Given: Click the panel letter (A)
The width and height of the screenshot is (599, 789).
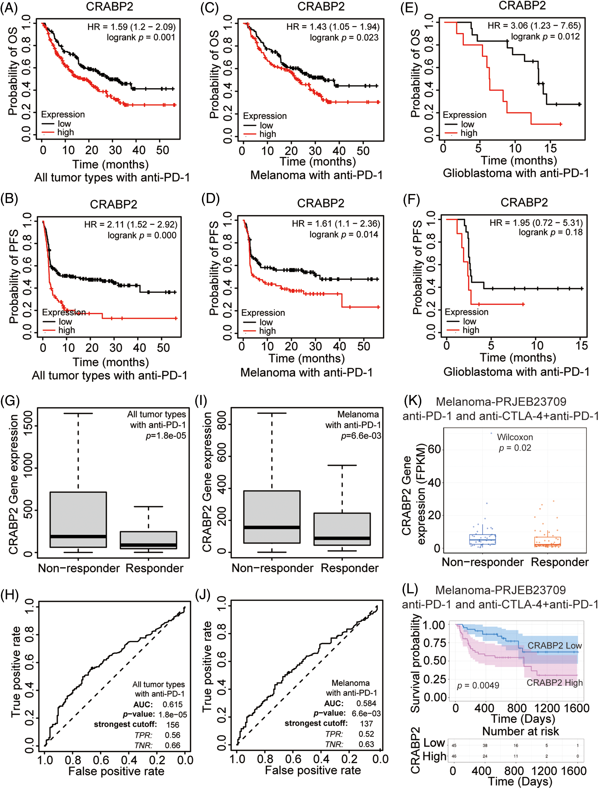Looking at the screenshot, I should pos(9,8).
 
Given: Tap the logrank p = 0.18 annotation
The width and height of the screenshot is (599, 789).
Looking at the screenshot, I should pos(550,232).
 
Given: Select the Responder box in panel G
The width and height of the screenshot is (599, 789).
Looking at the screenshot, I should pos(148,540).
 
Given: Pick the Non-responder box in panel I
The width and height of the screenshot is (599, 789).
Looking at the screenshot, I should pos(272,517).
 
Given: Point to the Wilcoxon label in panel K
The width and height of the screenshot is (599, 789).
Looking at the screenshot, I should pos(515,437).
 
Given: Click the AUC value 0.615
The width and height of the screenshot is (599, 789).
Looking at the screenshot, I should pos(172,704).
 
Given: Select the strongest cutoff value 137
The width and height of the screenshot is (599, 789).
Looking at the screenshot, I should pos(366,724).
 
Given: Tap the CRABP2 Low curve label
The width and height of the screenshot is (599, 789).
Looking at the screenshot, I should pos(554,646).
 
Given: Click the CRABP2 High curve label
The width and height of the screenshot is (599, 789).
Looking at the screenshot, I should pos(554,683).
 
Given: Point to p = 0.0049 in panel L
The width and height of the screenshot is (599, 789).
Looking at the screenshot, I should pos(478,686).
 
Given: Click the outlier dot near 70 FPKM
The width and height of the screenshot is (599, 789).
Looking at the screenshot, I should pos(491,433).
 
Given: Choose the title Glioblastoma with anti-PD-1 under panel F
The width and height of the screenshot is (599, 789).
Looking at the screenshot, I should pos(516,372).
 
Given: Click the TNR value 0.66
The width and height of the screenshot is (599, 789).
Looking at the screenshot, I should pos(172,745).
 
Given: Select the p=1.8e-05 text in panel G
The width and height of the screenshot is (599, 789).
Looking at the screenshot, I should pos(166,436).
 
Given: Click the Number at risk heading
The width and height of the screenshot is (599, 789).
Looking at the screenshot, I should pos(520,731).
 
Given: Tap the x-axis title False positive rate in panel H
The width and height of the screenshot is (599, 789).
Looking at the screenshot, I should pos(116,771).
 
